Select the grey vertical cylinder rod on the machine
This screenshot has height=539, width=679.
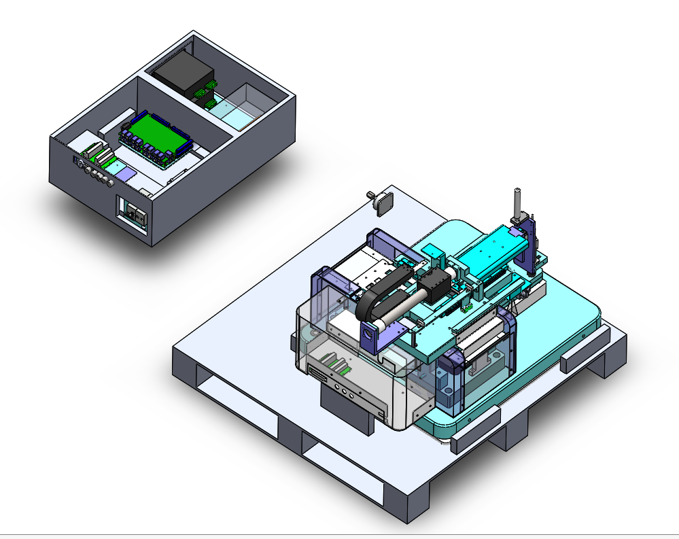[x=517, y=201]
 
